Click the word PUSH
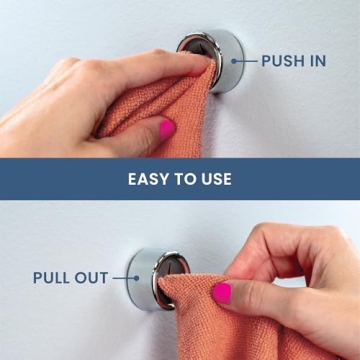[282, 61]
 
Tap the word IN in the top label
[316, 61]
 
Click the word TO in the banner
[186, 179]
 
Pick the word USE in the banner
[216, 179]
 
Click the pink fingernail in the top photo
[166, 128]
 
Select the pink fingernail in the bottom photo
[222, 292]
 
